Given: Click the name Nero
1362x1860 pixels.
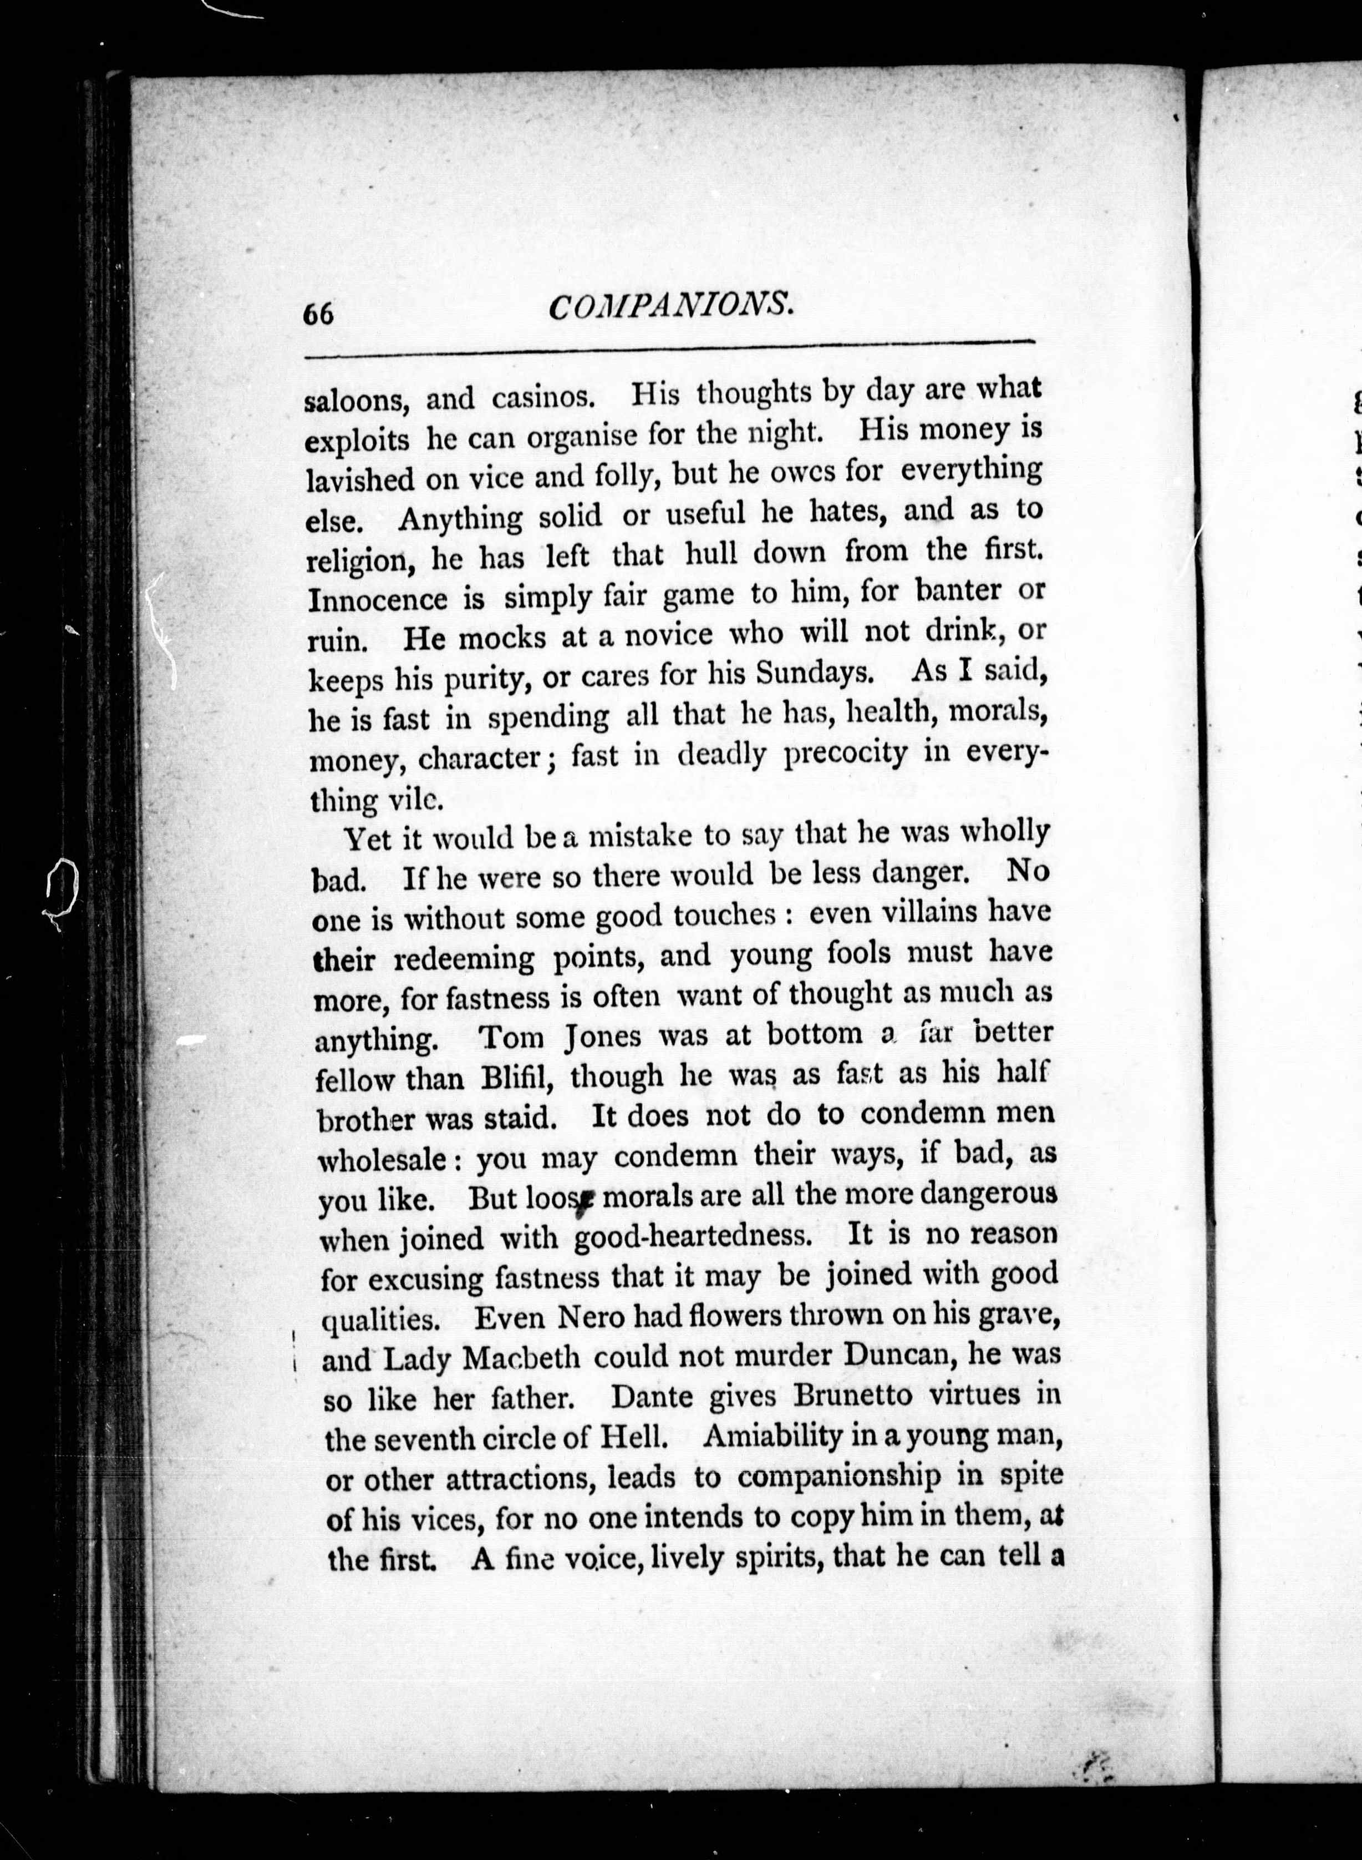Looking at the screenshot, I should [x=591, y=1317].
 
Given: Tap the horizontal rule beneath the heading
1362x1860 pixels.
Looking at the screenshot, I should [x=668, y=351].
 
